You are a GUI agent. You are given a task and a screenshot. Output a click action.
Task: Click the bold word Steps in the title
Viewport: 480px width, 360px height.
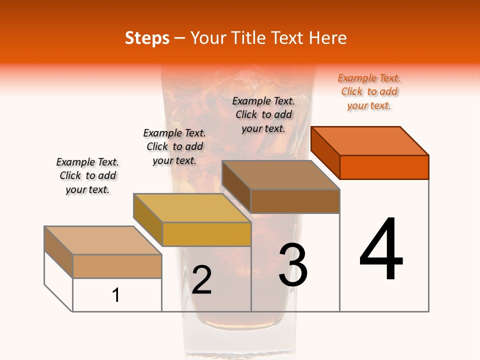coord(147,38)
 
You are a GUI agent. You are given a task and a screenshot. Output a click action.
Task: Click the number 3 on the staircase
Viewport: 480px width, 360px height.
coord(293,265)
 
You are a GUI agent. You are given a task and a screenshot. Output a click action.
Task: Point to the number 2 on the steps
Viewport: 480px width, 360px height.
coord(202,280)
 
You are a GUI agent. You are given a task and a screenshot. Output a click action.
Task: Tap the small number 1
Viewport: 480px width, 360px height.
coord(116,295)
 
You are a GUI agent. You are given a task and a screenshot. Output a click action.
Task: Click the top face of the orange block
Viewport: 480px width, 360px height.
coord(370,140)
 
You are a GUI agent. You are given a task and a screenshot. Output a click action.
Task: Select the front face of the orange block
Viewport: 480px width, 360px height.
coord(384,167)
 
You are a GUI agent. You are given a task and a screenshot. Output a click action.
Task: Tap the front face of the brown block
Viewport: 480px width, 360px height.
coord(295,201)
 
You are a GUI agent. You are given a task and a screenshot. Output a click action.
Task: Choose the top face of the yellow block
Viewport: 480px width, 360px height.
coord(192,208)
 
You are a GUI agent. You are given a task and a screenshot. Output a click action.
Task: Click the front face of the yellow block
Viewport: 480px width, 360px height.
coord(206,234)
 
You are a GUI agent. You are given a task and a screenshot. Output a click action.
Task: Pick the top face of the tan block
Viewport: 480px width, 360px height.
coord(103,240)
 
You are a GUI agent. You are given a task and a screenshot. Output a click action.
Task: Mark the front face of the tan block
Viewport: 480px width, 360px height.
coord(117,266)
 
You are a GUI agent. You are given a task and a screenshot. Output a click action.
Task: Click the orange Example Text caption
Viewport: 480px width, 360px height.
coord(369,92)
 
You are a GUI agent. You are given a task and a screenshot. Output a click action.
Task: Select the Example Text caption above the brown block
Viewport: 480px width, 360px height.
coord(263,114)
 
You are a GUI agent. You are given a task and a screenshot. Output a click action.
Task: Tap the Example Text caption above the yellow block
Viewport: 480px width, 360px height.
coord(174,146)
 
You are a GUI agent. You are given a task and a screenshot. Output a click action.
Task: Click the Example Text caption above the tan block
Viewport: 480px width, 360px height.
coord(87,175)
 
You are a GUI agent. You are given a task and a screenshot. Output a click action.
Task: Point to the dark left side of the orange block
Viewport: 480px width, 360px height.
coord(325,152)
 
